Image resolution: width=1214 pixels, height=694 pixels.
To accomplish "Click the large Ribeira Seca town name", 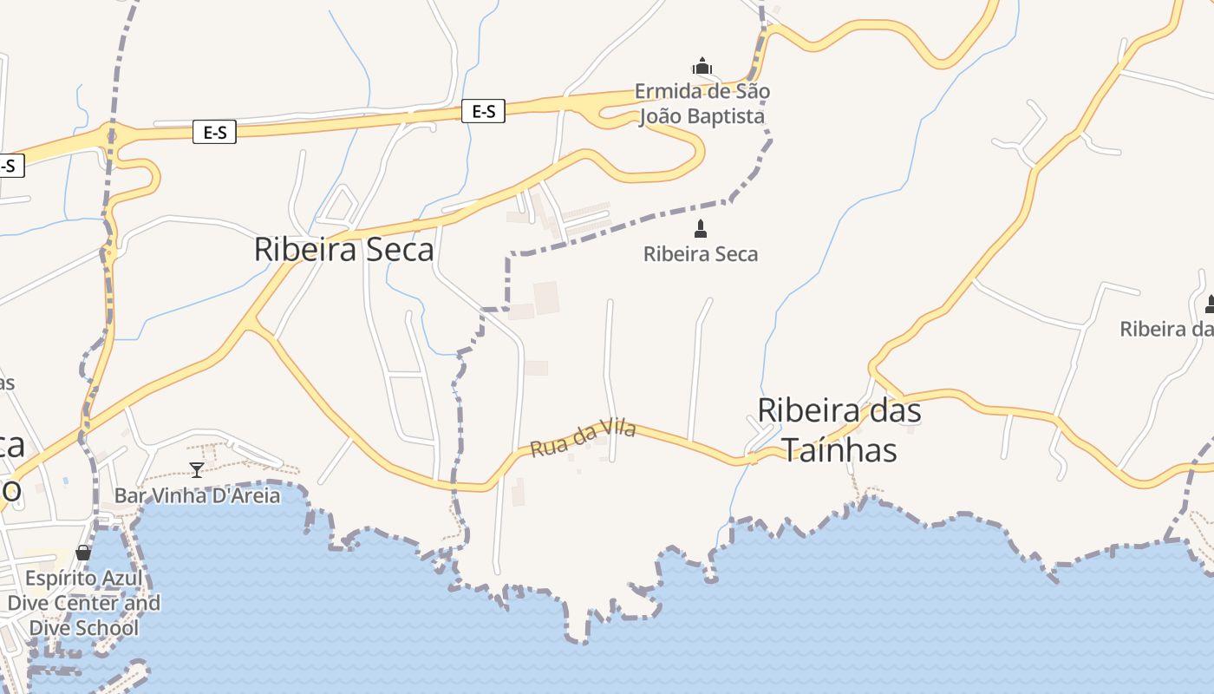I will (x=343, y=250).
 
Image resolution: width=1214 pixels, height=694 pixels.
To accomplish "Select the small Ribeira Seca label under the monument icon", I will (x=701, y=254).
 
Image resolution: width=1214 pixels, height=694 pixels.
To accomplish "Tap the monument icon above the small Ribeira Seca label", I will (x=701, y=229).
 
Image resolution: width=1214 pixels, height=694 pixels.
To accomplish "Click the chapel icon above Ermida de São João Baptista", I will (x=702, y=66).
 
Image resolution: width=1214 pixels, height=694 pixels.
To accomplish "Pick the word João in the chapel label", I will (x=658, y=116).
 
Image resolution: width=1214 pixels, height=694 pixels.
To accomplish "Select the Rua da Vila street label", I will (x=583, y=439).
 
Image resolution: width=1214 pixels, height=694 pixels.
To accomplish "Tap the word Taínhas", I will (x=839, y=450).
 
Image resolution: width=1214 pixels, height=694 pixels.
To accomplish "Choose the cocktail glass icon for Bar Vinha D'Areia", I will (x=197, y=470).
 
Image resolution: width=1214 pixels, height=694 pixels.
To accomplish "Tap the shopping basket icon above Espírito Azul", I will (x=83, y=553).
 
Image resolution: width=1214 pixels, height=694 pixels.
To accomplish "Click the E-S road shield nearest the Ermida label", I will (x=483, y=111).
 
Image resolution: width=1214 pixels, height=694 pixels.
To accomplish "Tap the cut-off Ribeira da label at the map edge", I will (x=1165, y=329).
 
